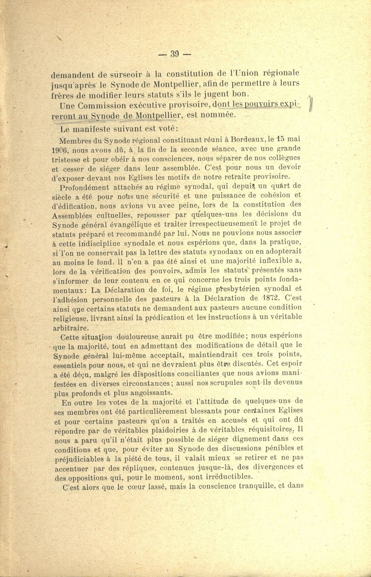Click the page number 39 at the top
(x=175, y=53)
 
